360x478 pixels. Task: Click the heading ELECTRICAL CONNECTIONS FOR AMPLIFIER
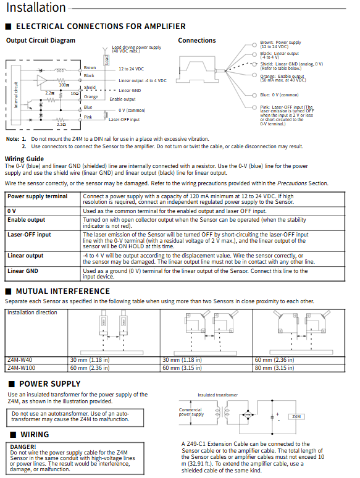pos(101,27)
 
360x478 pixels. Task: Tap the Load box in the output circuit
pos(106,60)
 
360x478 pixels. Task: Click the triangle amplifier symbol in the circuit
pos(42,80)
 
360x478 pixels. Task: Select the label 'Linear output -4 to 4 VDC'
pos(143,81)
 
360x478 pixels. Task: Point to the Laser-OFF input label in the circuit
pos(124,120)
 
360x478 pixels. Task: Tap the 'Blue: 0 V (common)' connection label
pos(279,95)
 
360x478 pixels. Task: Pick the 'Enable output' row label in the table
pos(26,220)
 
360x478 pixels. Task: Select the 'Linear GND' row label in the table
pos(23,270)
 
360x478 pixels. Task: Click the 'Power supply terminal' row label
pos(38,196)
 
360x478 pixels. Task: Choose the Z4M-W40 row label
pos(20,360)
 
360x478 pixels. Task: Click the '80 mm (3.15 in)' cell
pos(274,368)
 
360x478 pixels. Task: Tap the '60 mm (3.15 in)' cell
pos(182,368)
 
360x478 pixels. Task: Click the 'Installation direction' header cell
pos(32,312)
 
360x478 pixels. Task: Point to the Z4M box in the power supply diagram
pos(296,417)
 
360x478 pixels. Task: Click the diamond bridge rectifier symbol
pos(248,415)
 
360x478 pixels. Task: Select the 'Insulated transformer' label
pos(217,395)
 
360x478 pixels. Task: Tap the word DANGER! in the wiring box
pos(23,447)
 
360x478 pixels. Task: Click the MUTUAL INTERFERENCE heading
pos(63,291)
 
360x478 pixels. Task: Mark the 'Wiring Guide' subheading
pos(24,159)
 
